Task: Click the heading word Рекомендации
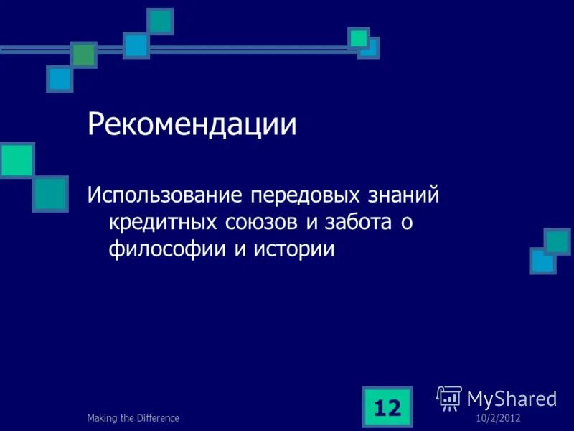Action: [192, 124]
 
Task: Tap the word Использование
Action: [166, 195]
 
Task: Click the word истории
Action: [293, 249]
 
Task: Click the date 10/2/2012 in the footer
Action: [497, 418]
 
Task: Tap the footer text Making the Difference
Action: [133, 418]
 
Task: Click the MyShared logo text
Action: [512, 399]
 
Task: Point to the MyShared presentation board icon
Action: [449, 397]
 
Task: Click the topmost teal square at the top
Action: [161, 21]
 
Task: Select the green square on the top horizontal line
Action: [84, 54]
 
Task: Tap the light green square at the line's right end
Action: [359, 37]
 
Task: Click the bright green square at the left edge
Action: [17, 160]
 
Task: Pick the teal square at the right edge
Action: [557, 241]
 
